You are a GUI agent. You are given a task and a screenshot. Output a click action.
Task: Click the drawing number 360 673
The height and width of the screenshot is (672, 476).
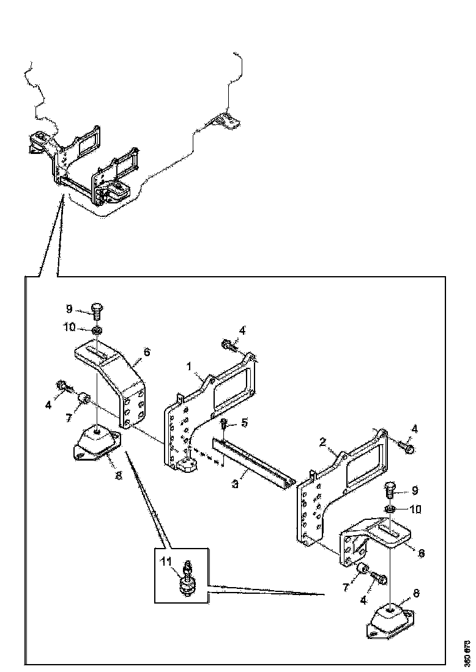click(x=467, y=653)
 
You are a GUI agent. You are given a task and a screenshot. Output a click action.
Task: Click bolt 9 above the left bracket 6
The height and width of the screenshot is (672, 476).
click(x=97, y=310)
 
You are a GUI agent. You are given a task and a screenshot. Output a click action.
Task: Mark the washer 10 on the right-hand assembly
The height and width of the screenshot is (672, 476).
click(x=390, y=509)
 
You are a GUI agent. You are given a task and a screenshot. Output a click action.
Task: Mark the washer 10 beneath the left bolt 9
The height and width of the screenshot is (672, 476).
click(x=97, y=330)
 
